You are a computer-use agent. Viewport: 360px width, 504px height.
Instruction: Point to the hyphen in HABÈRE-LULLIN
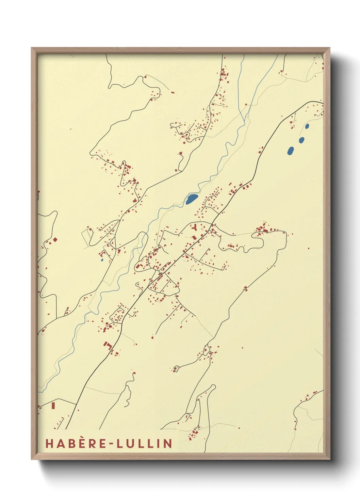pos(110,444)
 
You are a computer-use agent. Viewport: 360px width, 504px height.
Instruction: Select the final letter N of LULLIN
pos(167,443)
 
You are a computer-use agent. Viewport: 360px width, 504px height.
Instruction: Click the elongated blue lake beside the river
pos(192,199)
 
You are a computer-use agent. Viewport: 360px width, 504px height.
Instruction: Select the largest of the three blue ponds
pos(291,151)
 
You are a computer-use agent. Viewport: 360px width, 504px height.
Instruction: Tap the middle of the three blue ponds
pos(301,140)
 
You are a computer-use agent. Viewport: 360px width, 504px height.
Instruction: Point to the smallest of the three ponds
pos(307,126)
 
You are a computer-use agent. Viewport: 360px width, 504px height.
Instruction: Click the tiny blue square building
pos(102,260)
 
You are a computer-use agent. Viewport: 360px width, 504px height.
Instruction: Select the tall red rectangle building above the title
pos(53,406)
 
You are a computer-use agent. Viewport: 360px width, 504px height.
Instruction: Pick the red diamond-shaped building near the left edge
pos(55,240)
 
